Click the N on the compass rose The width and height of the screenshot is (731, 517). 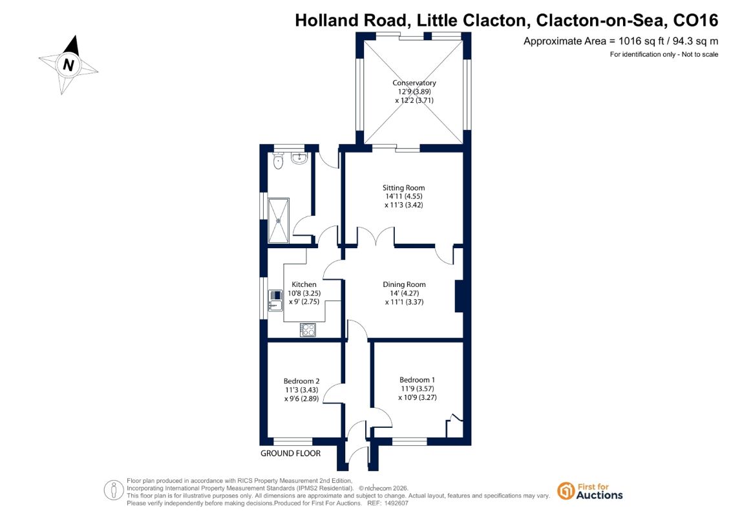(x=69, y=65)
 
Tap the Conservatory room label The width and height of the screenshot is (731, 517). (x=414, y=83)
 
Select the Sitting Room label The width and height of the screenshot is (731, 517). (x=404, y=188)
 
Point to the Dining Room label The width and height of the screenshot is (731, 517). (x=404, y=284)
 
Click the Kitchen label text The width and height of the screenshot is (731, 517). (x=304, y=284)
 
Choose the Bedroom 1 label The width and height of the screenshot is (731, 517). (x=418, y=380)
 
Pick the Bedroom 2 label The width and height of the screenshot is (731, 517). (x=302, y=381)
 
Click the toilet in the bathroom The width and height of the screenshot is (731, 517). (x=279, y=161)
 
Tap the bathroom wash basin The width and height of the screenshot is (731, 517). (x=299, y=159)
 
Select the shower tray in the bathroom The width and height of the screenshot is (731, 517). (x=279, y=220)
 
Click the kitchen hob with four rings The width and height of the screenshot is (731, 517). (x=308, y=330)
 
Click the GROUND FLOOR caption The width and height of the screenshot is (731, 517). (x=290, y=453)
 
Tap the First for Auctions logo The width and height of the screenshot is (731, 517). (x=590, y=491)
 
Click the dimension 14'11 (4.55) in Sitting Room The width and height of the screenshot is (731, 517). (x=404, y=196)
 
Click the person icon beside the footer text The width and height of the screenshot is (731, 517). (x=114, y=491)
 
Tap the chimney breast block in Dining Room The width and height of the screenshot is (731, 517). (x=459, y=296)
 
